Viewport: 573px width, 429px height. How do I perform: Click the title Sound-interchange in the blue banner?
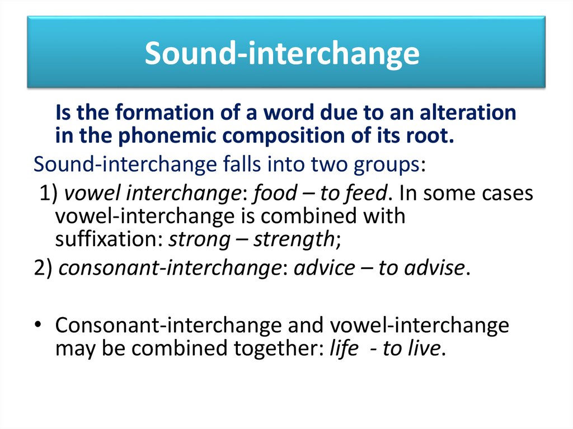pyautogui.click(x=282, y=54)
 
